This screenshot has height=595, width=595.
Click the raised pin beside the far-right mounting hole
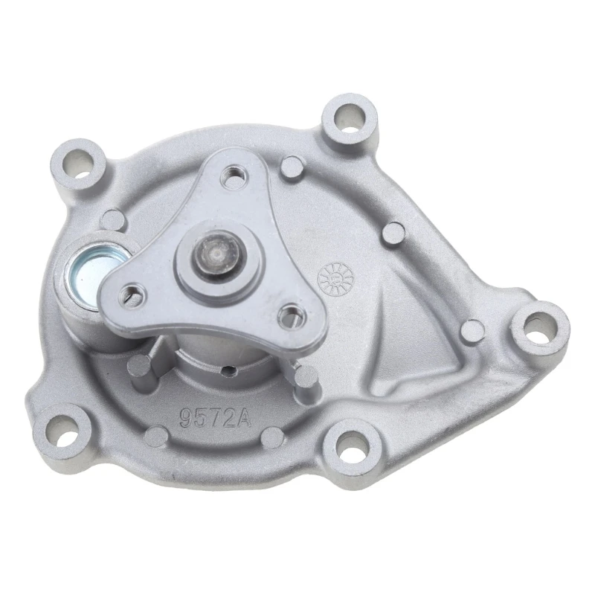pos(470,328)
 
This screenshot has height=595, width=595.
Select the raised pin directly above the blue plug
pos(114,219)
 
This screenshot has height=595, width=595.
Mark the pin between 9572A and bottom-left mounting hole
pos(157,434)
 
